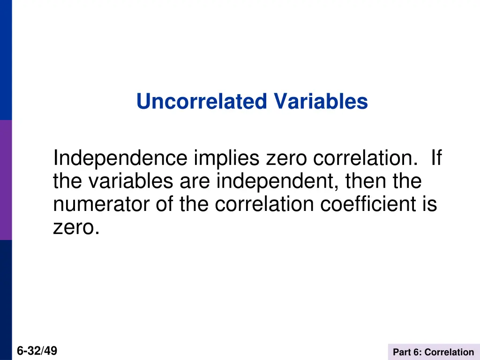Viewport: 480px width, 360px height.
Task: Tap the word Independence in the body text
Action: click(120, 158)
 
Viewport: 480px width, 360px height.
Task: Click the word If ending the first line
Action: click(435, 158)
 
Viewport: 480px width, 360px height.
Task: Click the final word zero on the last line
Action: click(76, 227)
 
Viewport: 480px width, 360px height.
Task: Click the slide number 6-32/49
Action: click(37, 351)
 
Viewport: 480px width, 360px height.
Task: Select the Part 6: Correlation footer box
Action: click(434, 352)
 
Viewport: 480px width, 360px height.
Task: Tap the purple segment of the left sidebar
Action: click(6, 180)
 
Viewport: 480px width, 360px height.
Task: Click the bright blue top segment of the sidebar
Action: click(6, 60)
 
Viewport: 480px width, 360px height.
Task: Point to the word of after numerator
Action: click(165, 204)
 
